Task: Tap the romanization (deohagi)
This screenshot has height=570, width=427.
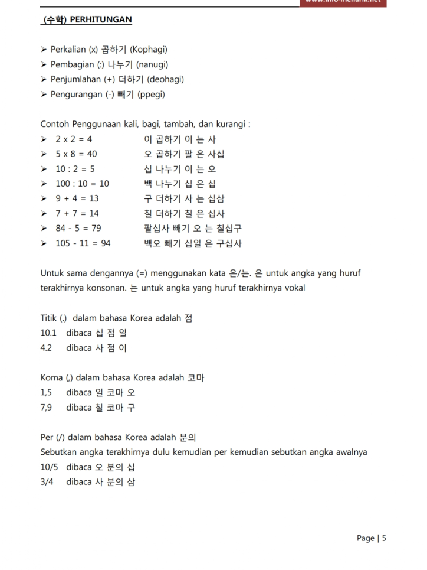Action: click(166, 79)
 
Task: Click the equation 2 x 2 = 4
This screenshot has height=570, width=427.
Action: click(74, 139)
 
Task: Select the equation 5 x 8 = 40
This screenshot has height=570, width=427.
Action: click(77, 154)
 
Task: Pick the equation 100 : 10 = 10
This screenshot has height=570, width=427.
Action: click(83, 184)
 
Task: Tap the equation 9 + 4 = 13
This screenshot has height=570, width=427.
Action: click(77, 198)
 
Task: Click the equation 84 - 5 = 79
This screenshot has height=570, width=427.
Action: click(78, 228)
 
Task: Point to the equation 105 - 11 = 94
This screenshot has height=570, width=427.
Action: click(83, 243)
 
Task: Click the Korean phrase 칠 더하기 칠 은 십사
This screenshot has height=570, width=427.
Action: click(184, 213)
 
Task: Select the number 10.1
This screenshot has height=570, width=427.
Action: click(48, 333)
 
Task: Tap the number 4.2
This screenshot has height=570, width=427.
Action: click(46, 347)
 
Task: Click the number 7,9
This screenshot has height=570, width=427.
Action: click(46, 407)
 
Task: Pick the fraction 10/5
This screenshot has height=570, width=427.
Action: click(49, 467)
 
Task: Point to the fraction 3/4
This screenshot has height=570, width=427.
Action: click(47, 481)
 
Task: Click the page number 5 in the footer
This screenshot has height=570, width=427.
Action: click(384, 538)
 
